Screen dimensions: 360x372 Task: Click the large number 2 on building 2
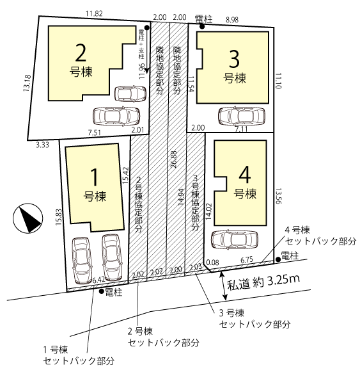pos(81,53)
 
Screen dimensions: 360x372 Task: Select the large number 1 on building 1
pos(95,177)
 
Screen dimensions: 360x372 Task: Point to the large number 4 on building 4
pos(245,175)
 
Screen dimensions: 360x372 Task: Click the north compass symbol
pos(27,218)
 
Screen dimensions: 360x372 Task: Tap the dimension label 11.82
pos(94,13)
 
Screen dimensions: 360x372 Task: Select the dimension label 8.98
pos(232,20)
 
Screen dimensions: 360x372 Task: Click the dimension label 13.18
pos(27,83)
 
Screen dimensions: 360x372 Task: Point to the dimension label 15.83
pos(59,217)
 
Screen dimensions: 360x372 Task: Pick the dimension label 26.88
pos(174,159)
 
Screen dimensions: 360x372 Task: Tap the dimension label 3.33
pos(42,145)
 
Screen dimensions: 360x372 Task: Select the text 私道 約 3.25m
pos(263,282)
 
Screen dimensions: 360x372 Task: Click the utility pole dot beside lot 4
pos(279,259)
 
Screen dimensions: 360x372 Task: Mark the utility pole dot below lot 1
pos(102,291)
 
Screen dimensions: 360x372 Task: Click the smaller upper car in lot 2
pos(130,93)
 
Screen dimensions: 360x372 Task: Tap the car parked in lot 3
pos(241,117)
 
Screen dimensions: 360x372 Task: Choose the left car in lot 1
pos(82,261)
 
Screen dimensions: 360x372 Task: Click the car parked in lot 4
pos(234,239)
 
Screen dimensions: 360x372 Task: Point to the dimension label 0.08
pos(212,263)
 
